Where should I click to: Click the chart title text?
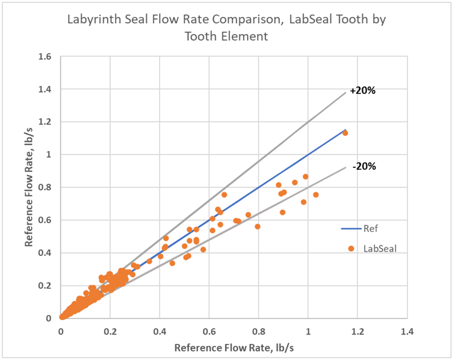226,28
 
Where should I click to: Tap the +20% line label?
362,91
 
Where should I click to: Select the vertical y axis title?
29,187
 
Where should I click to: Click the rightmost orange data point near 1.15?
345,133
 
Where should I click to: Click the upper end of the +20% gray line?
345,92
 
